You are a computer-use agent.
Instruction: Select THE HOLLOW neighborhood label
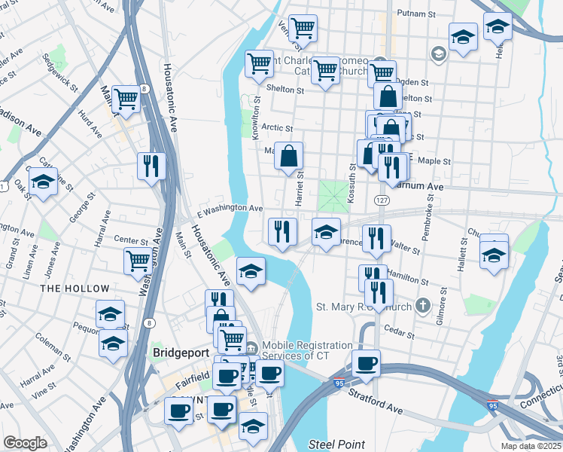(x=75, y=289)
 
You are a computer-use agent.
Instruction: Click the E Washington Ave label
(x=230, y=208)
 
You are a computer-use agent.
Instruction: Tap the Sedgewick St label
(x=61, y=72)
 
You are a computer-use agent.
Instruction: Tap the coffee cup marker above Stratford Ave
(x=366, y=363)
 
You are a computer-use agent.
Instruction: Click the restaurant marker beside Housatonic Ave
(x=151, y=165)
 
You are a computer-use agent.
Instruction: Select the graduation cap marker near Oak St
(x=43, y=181)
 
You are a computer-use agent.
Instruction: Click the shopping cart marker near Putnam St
(x=302, y=28)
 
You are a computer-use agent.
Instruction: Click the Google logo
(x=26, y=443)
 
